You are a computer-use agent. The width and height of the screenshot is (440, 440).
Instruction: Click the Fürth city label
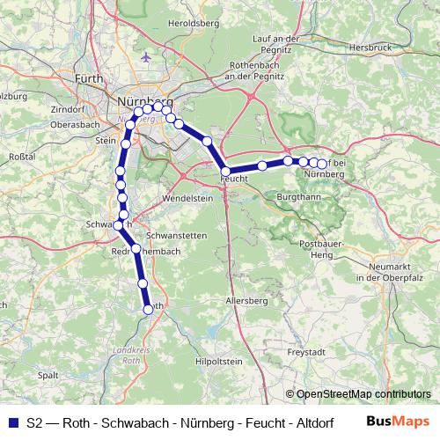coord(89,79)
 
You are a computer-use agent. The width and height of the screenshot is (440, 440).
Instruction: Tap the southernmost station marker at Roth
coord(149,308)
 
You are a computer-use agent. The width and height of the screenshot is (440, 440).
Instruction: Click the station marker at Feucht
coord(226,172)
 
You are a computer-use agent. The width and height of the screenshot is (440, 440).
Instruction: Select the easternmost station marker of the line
coord(322,164)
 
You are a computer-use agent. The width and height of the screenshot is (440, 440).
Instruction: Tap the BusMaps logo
coord(399,422)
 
